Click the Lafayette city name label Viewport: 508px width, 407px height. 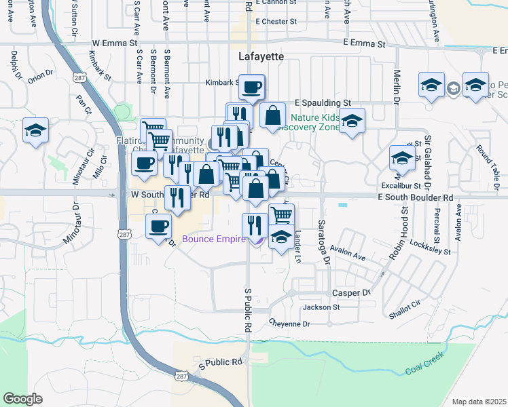(x=261, y=58)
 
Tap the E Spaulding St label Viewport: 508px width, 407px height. (x=322, y=103)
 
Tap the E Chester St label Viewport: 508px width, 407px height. (x=276, y=22)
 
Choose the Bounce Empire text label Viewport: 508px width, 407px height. (x=213, y=239)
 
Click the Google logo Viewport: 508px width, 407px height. (x=23, y=399)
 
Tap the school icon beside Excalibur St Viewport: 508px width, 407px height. (x=402, y=158)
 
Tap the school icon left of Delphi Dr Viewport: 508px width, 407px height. (x=35, y=130)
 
